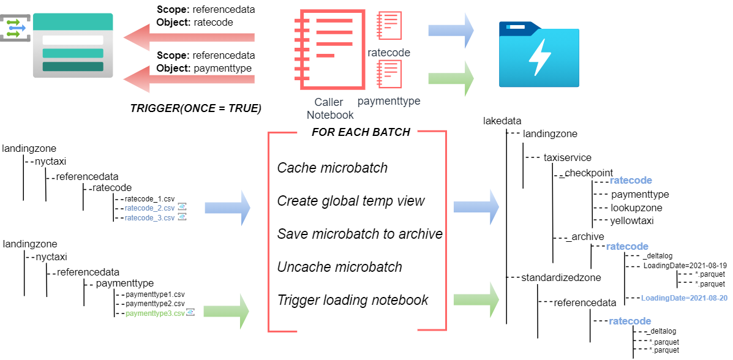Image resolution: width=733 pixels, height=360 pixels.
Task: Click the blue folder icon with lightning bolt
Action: (538, 54)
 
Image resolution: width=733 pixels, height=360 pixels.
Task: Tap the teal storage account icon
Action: (72, 45)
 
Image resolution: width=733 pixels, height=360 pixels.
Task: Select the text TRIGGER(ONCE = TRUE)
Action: (196, 108)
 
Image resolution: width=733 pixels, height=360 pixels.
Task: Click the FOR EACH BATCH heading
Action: (361, 132)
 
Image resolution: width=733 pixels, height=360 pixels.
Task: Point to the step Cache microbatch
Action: (332, 168)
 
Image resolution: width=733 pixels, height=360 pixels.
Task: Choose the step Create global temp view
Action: (351, 201)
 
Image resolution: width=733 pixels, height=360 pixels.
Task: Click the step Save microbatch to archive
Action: (359, 234)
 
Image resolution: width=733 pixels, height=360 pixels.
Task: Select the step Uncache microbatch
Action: (339, 267)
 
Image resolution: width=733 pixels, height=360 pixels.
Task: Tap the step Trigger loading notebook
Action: (353, 300)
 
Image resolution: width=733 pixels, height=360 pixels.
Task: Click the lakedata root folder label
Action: (502, 121)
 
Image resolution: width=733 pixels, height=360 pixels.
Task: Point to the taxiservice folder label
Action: (567, 157)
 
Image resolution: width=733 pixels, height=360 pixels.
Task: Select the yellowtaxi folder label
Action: (631, 221)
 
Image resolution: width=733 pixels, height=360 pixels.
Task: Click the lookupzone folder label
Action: (636, 208)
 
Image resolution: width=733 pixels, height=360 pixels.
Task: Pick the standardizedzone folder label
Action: (561, 277)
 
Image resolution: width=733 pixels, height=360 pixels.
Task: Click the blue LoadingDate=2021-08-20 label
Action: (684, 298)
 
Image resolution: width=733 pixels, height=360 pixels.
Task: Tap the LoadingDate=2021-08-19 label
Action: (685, 266)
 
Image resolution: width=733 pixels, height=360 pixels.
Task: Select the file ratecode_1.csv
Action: (149, 199)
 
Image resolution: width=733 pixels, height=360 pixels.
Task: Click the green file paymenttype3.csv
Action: (155, 313)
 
